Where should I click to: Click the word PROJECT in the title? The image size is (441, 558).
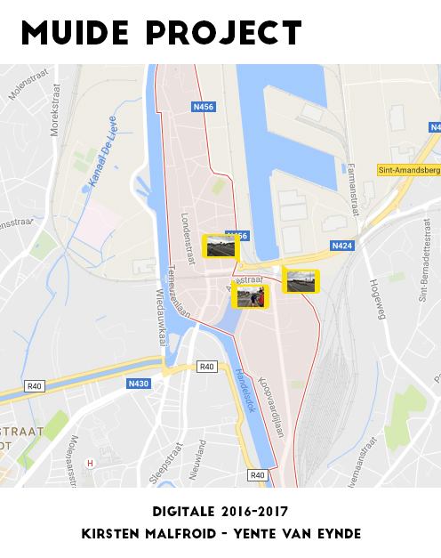(x=227, y=33)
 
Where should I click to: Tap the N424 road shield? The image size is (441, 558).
(x=341, y=245)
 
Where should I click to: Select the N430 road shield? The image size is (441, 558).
(x=138, y=384)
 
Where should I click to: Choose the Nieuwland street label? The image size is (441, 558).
(x=202, y=459)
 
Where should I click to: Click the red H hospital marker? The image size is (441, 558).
(x=90, y=463)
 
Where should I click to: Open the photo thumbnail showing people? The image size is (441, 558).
(x=250, y=295)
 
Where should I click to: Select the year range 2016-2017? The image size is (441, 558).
(x=253, y=513)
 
